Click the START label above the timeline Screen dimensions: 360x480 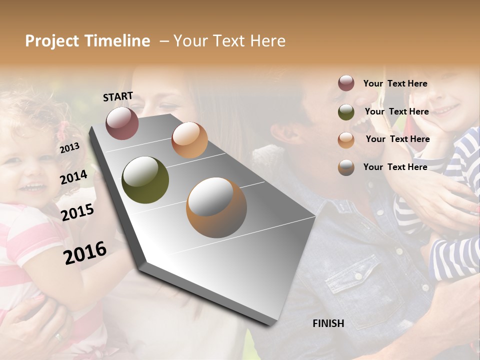click(x=118, y=96)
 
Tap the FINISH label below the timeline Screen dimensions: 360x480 click(x=328, y=323)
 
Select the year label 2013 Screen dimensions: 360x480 click(x=69, y=148)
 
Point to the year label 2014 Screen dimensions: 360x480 click(x=73, y=177)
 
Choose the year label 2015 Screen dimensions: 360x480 click(x=77, y=212)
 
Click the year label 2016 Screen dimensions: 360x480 click(x=85, y=252)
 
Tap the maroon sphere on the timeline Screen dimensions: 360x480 click(x=122, y=123)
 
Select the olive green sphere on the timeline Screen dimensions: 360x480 click(x=145, y=180)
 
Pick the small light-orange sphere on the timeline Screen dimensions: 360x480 click(x=189, y=140)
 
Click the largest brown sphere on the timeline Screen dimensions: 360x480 click(x=216, y=207)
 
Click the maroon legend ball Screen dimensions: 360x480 click(x=346, y=83)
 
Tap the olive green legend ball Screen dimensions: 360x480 click(x=346, y=112)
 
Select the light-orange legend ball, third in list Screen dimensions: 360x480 click(x=346, y=140)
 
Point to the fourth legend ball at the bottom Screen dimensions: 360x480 click(x=346, y=167)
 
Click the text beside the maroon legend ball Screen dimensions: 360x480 click(x=395, y=83)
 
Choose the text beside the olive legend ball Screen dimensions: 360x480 click(x=396, y=111)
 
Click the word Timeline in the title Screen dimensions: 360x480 click(x=117, y=41)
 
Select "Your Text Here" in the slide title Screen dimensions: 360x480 click(x=229, y=41)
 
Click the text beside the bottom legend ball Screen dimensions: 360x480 click(x=395, y=167)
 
